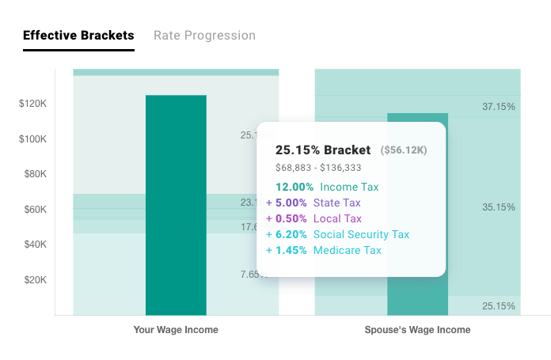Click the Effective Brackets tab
pos(78,36)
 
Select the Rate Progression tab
pos(204,36)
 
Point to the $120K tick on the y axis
pos(33,104)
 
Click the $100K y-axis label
pos(33,139)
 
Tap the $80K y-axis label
pos(35,174)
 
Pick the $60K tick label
pos(35,210)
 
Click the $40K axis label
pos(35,244)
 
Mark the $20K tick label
pos(35,280)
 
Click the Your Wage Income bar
pos(176,205)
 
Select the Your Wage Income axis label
pos(176,330)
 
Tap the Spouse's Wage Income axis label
pos(417,330)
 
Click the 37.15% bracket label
pos(499,106)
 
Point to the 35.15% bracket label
pos(499,207)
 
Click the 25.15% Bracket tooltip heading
pos(323,150)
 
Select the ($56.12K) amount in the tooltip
pos(404,150)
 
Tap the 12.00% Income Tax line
pos(327,188)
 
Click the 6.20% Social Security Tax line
pos(337,235)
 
